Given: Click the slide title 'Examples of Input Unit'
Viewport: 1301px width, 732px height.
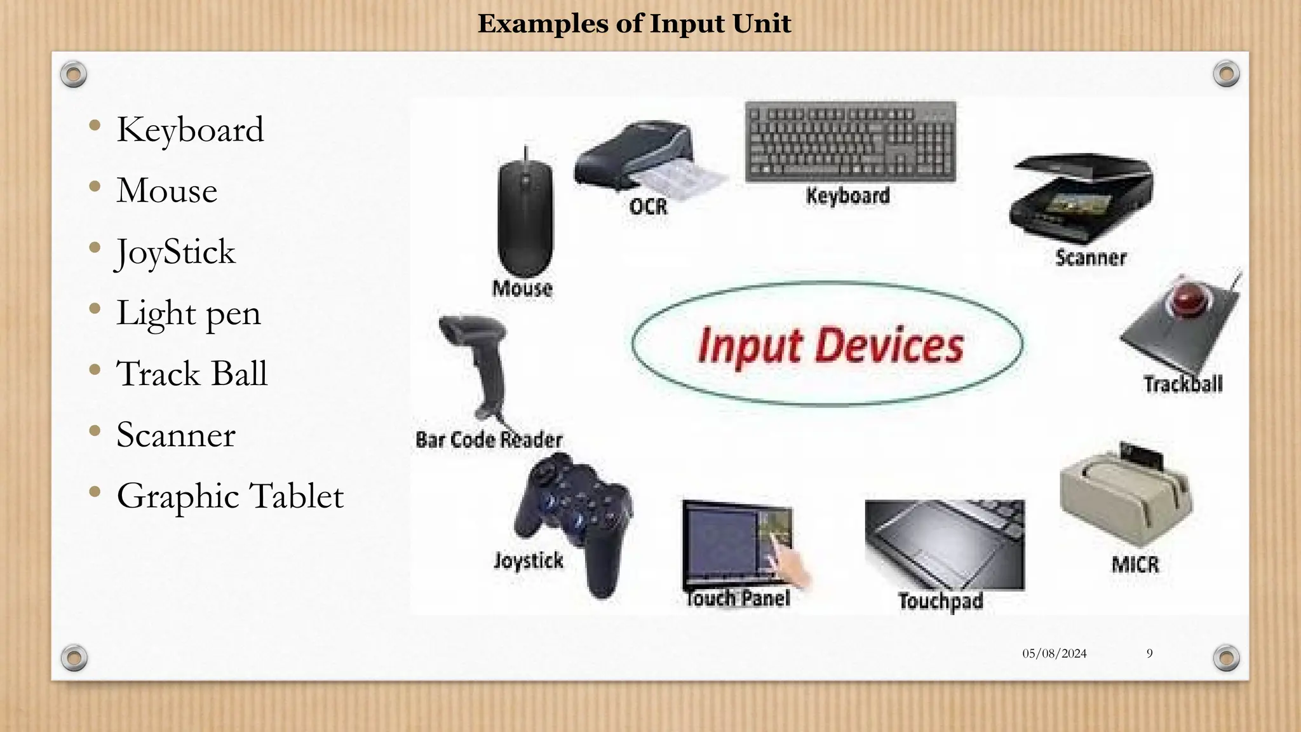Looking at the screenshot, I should (x=634, y=24).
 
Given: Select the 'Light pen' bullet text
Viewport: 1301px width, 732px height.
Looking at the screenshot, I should (x=188, y=313).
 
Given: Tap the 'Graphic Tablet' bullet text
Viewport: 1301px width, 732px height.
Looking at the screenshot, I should (x=230, y=496).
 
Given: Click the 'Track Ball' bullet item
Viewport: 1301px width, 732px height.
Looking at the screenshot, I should (x=191, y=374).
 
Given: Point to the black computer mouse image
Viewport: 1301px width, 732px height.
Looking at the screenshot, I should (x=525, y=216).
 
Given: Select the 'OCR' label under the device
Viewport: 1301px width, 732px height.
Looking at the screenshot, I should (x=648, y=207).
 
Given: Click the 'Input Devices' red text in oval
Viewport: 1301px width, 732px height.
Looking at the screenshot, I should (x=830, y=346).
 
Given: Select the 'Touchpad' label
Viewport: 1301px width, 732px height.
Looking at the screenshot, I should (x=940, y=601).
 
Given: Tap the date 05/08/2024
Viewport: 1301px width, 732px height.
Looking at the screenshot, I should (x=1054, y=653).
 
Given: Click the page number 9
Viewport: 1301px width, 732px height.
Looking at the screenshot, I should (x=1149, y=653).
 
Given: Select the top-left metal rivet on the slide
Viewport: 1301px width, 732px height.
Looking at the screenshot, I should (x=74, y=74).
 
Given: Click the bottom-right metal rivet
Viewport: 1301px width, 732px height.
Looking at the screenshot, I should (x=1226, y=658).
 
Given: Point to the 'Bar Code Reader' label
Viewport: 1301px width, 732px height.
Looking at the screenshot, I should (x=489, y=440).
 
